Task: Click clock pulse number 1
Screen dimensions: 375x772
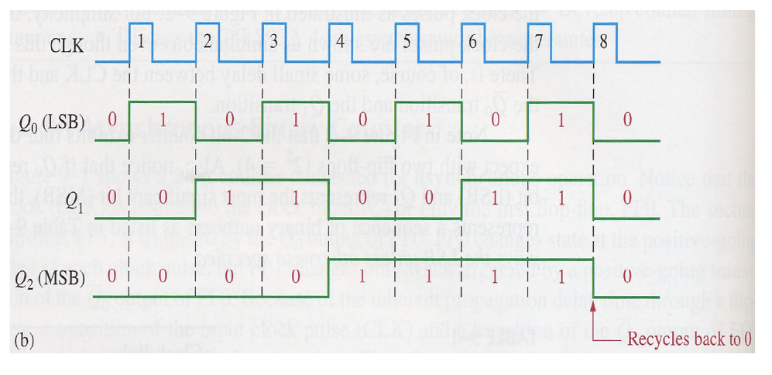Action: click(141, 39)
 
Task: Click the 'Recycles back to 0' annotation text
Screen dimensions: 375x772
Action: click(689, 339)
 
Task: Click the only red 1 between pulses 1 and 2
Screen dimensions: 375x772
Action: click(163, 120)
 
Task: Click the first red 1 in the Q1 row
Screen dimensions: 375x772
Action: click(229, 197)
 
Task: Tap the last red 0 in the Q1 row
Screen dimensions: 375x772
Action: click(626, 197)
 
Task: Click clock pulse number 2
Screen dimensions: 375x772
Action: click(208, 40)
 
